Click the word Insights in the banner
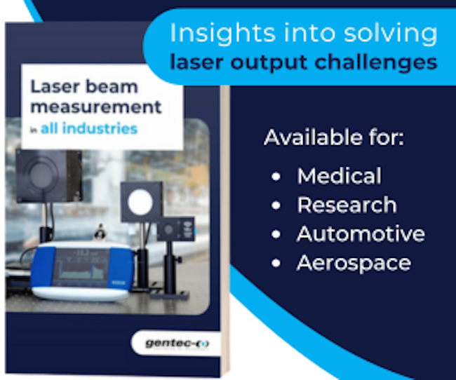pos(223,33)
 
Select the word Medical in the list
pos(339,175)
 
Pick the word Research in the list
pos(347,205)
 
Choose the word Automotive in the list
pos(361,233)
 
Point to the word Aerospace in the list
pos(354,263)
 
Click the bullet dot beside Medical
pos(276,176)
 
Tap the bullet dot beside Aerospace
pos(276,263)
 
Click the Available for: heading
pos(334,137)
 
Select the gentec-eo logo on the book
pos(177,344)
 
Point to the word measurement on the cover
pos(96,107)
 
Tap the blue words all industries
pos(89,128)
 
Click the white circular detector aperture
pos(140,203)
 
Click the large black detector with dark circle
pos(49,176)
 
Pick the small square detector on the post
pos(175,229)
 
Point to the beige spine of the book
pos(225,230)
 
